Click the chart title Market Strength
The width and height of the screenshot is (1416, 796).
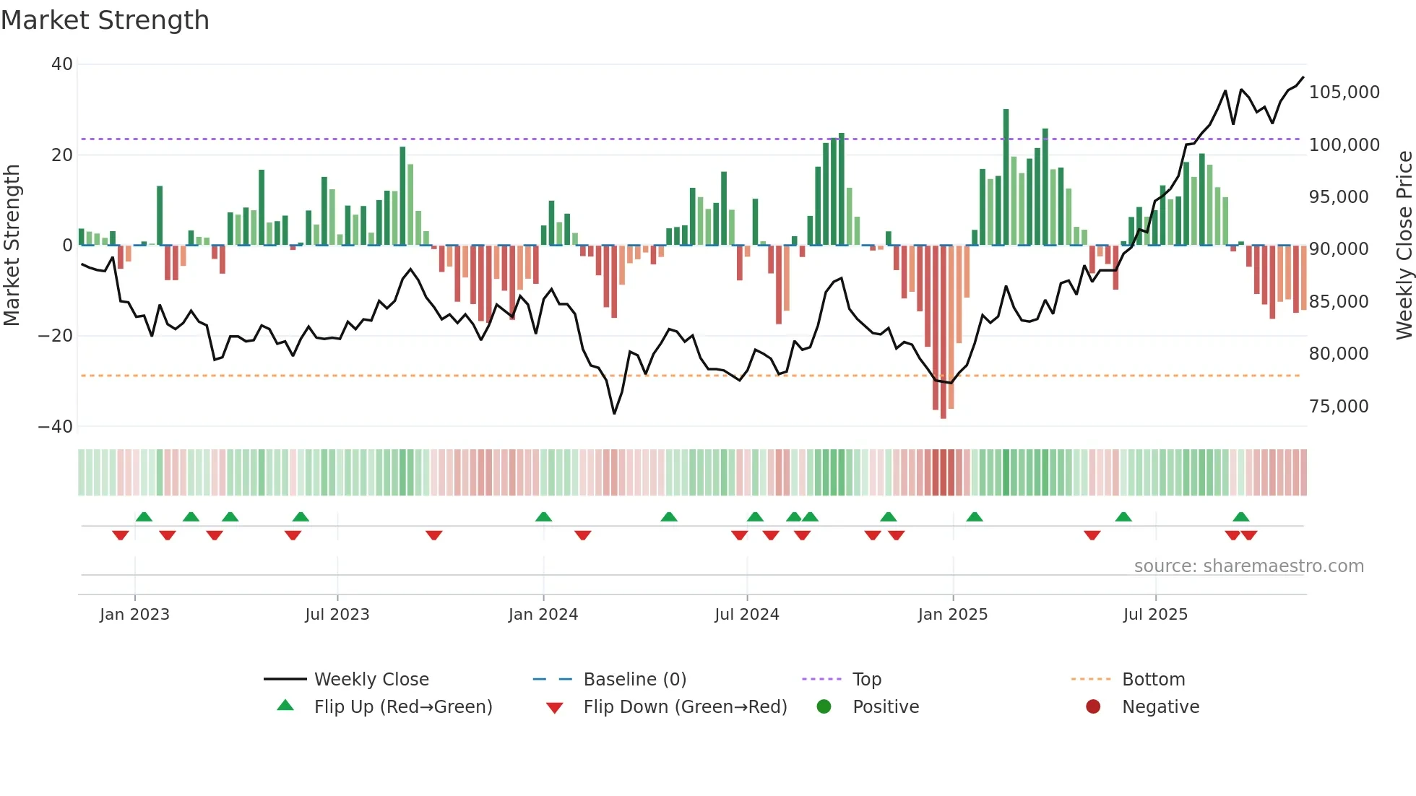pos(105,20)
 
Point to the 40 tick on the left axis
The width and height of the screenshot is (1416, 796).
pos(62,64)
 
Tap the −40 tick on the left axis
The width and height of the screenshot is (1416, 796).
pos(56,427)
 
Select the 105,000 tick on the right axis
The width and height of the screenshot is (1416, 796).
pos(1344,92)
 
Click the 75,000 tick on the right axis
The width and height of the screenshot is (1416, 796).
pos(1339,407)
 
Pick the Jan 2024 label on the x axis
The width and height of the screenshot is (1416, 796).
pos(543,615)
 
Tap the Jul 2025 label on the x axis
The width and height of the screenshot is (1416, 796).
pos(1154,615)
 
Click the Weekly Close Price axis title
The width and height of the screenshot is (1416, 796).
pos(1404,246)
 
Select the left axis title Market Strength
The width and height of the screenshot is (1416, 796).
pos(12,246)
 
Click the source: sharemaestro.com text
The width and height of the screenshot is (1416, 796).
pos(1248,566)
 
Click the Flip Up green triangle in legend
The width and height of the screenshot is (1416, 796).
pos(285,706)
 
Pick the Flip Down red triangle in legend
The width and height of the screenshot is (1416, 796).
pos(554,708)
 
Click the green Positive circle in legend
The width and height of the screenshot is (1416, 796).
pos(824,706)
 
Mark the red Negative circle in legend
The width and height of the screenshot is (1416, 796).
pos(1093,706)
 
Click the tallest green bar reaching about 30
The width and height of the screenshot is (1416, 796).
pos(1006,177)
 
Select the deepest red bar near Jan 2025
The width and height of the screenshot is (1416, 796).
pos(943,332)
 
